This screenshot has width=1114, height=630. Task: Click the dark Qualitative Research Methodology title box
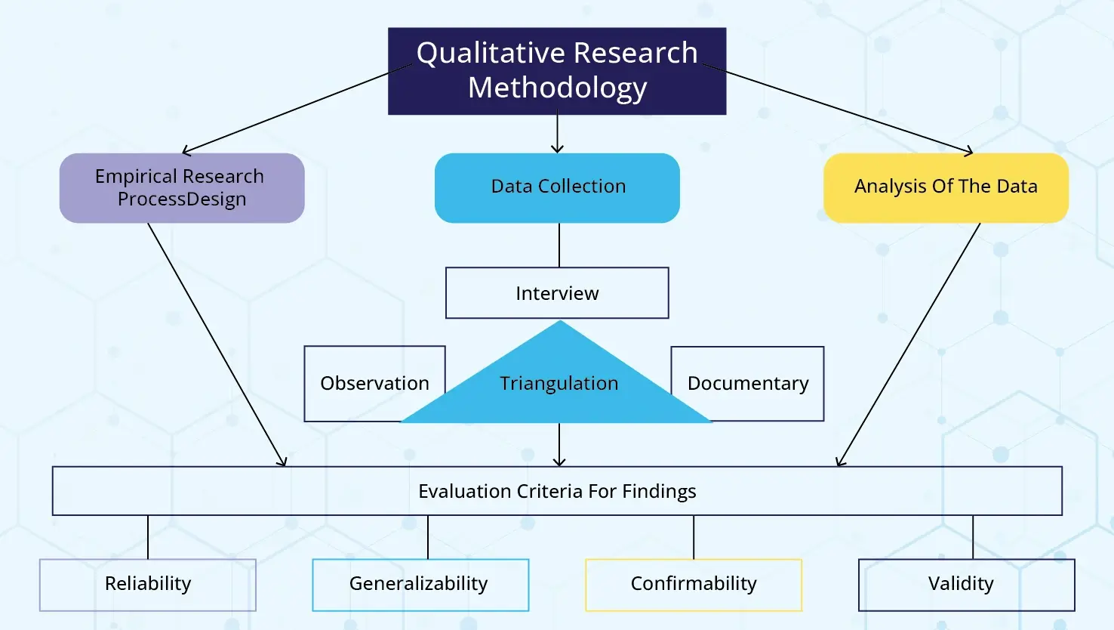coord(557,71)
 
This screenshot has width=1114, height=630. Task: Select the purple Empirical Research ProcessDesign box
coord(182,187)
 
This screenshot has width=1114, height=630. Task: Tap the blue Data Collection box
coord(557,187)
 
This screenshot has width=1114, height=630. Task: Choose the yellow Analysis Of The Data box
coord(946,187)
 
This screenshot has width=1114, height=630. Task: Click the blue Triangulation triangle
coord(558,383)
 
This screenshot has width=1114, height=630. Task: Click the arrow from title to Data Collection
coord(557,134)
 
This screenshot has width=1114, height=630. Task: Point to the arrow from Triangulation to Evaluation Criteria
coord(559,444)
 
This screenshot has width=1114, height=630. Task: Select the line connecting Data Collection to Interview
coord(559,245)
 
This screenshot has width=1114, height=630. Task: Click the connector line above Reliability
coord(148,537)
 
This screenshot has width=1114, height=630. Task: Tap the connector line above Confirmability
coord(694,537)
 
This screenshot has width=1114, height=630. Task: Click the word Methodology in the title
coord(557,88)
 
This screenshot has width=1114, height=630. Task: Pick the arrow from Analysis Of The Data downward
coord(908,344)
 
